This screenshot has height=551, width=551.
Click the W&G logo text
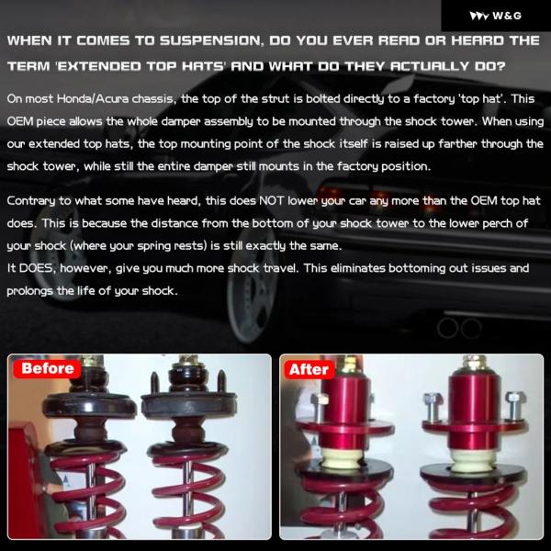[507, 16]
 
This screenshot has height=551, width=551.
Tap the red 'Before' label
[48, 368]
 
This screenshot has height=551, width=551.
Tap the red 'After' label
[309, 370]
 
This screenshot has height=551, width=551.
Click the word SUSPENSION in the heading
[211, 40]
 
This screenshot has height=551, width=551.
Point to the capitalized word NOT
[271, 200]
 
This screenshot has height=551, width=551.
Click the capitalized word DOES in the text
[37, 268]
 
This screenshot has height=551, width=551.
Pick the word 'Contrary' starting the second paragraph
[31, 201]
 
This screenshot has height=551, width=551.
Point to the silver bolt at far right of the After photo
[514, 407]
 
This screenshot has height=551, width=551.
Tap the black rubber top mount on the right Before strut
[188, 404]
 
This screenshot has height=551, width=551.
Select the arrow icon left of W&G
[479, 17]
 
